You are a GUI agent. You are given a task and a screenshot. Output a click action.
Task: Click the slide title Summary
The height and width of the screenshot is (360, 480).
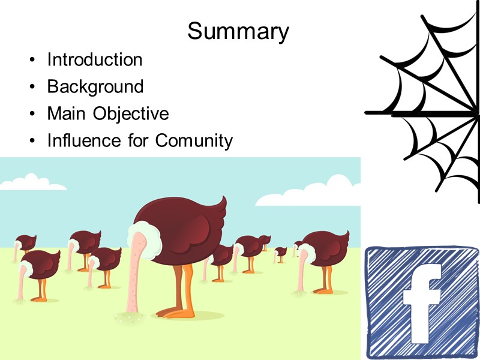click(x=238, y=31)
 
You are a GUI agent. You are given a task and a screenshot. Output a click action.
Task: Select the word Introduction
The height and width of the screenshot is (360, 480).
click(x=95, y=60)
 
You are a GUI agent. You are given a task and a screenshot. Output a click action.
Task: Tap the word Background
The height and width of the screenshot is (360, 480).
click(x=95, y=87)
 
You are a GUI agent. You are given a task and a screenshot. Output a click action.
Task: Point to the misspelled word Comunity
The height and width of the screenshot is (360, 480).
click(x=194, y=141)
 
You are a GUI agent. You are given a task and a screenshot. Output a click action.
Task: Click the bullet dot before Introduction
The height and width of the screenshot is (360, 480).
click(x=31, y=61)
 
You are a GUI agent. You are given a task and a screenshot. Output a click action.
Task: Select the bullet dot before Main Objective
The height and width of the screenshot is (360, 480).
click(x=31, y=115)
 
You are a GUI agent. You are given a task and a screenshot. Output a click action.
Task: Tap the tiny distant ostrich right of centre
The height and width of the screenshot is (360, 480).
click(x=280, y=253)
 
